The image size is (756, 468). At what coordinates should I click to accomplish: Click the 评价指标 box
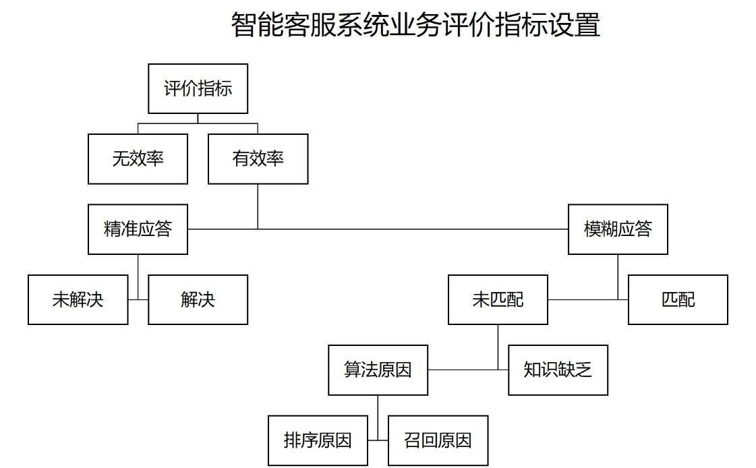(x=198, y=88)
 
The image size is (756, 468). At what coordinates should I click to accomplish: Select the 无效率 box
(x=138, y=158)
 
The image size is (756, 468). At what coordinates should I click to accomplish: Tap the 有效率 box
(x=258, y=158)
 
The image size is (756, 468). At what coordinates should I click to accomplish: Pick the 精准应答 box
(x=138, y=229)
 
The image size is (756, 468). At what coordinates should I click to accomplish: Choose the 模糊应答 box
(x=618, y=229)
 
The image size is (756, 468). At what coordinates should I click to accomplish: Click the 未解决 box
(x=78, y=299)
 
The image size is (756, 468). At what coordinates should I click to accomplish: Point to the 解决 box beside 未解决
(x=198, y=299)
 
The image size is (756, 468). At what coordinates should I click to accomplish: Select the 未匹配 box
(x=498, y=299)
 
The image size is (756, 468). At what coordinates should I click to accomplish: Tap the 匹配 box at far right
(x=678, y=299)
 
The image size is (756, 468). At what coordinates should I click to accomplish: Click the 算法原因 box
(x=378, y=370)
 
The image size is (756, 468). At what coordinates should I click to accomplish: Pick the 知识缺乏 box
(x=558, y=370)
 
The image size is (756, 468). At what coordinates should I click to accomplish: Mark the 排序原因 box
(x=318, y=441)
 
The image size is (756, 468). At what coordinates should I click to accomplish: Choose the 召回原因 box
(x=438, y=441)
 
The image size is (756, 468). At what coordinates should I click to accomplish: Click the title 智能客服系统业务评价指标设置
(x=415, y=26)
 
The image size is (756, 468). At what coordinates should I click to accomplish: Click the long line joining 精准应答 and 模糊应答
(x=405, y=229)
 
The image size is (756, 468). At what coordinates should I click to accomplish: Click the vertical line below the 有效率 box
(x=258, y=206)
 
